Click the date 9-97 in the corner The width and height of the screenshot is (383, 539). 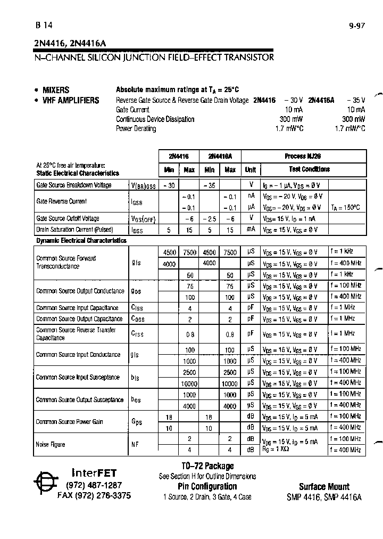(357, 25)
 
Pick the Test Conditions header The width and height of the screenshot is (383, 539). (309, 169)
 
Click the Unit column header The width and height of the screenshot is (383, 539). (250, 170)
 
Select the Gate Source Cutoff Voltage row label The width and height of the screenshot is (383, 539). (68, 218)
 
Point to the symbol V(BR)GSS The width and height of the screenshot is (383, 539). (144, 186)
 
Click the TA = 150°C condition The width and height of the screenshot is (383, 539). (345, 207)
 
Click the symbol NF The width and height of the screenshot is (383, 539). (135, 444)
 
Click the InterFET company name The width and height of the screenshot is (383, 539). (94, 472)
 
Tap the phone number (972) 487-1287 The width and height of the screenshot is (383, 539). (94, 485)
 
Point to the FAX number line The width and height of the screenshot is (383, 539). (94, 495)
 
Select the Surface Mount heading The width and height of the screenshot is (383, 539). (324, 486)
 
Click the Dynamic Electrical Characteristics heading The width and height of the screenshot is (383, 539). (81, 241)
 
